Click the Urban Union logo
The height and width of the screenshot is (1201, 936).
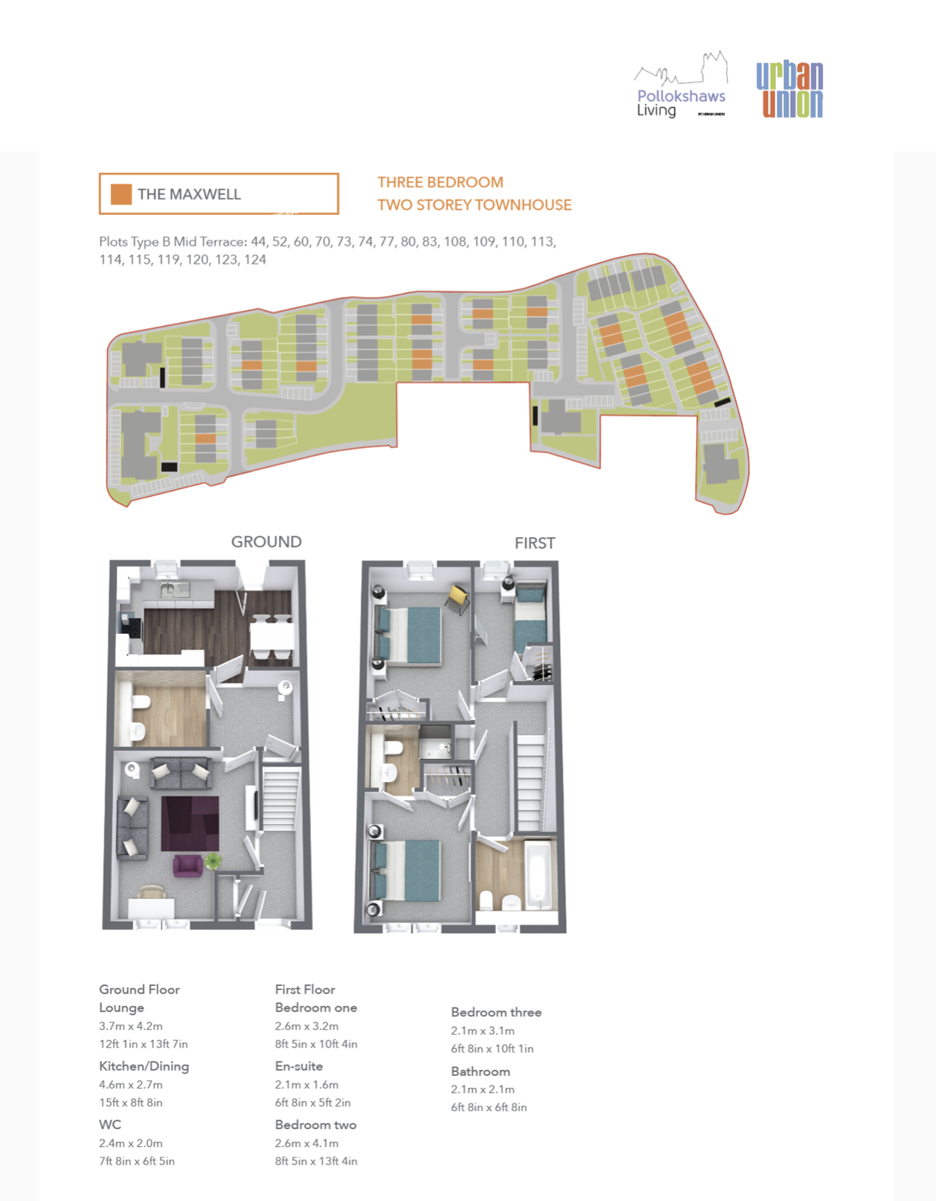point(789,90)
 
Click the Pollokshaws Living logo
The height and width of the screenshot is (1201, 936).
point(681,85)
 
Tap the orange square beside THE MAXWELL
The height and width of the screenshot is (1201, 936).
point(121,195)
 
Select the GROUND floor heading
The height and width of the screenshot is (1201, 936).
point(266,542)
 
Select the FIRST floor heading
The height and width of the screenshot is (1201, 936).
point(534,543)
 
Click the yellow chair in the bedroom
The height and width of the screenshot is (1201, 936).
point(458,599)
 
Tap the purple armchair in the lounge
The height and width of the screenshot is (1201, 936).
point(187,865)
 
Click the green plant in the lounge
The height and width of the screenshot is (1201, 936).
point(213,860)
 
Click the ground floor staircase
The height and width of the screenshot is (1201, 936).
point(280,796)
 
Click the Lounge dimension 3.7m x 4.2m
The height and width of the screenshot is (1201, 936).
point(131,1026)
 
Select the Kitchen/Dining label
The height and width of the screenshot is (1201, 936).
point(145,1066)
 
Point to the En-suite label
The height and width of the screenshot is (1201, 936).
point(299,1066)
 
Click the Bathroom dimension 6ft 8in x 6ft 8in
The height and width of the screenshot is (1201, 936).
point(489,1107)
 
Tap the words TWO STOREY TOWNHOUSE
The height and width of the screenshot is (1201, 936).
point(474,205)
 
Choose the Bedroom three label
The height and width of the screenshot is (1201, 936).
point(496,1012)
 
